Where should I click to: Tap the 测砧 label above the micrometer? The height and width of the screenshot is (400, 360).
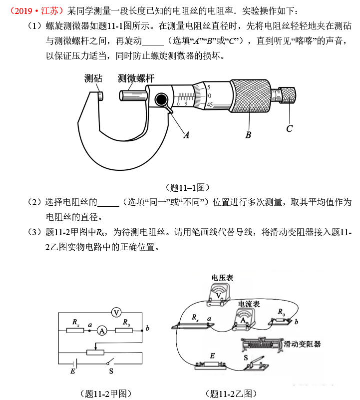pyautogui.click(x=93, y=78)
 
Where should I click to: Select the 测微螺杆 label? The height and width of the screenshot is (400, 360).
pyautogui.click(x=136, y=78)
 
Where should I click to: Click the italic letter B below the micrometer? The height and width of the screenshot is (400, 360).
pyautogui.click(x=248, y=134)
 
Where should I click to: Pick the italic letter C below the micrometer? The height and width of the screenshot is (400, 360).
pyautogui.click(x=289, y=129)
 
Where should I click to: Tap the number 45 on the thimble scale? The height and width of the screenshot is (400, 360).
pyautogui.click(x=210, y=105)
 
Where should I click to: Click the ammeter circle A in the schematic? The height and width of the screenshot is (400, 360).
pyautogui.click(x=102, y=330)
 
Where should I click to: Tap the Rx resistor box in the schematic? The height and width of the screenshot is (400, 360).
pyautogui.click(x=75, y=330)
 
